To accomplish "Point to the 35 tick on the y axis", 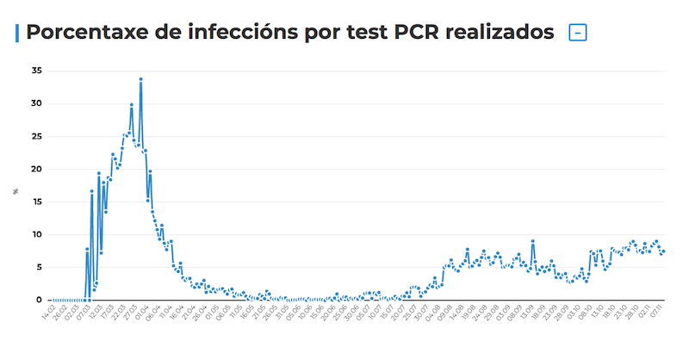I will click(x=35, y=71).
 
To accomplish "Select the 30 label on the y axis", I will click(x=35, y=103).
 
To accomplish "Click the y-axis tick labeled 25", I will click(x=35, y=136).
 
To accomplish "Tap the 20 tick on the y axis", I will click(x=35, y=169).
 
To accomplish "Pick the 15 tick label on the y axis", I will click(x=35, y=202).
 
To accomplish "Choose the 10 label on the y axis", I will click(x=35, y=234).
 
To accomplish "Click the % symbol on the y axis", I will click(x=16, y=191).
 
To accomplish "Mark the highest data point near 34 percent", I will click(x=140, y=79).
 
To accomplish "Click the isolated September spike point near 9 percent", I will click(x=533, y=241).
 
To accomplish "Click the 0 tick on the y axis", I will click(x=38, y=300).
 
